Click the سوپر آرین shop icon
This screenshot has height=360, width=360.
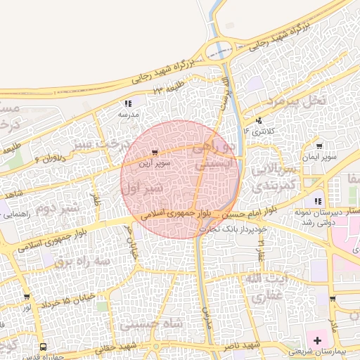point(155,152)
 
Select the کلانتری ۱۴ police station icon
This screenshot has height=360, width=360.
point(259,120)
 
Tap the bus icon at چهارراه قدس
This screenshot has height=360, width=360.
point(44,347)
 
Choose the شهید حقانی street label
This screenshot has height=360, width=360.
point(118,347)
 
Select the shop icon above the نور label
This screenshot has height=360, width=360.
point(26,297)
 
